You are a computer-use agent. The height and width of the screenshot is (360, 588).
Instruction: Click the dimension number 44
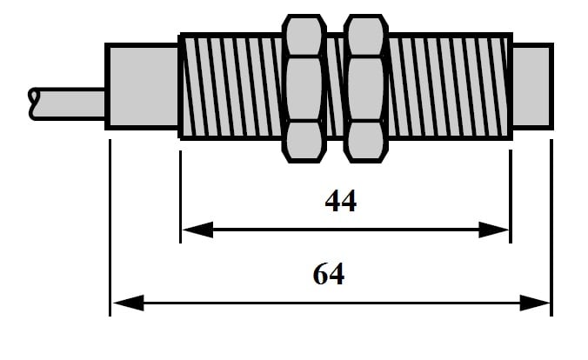click(x=340, y=201)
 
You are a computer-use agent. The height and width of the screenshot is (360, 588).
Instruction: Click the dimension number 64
click(x=328, y=275)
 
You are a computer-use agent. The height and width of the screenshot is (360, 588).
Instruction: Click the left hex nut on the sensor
click(x=304, y=87)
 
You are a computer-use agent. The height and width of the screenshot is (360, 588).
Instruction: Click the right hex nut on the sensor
click(x=364, y=87)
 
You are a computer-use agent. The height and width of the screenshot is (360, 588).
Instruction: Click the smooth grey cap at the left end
click(x=141, y=86)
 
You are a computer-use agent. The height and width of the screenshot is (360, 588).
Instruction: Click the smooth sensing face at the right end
click(x=531, y=86)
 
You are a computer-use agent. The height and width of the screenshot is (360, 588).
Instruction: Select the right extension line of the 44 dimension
click(x=511, y=196)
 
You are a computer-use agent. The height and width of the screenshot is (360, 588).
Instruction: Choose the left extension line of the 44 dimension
click(x=180, y=196)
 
